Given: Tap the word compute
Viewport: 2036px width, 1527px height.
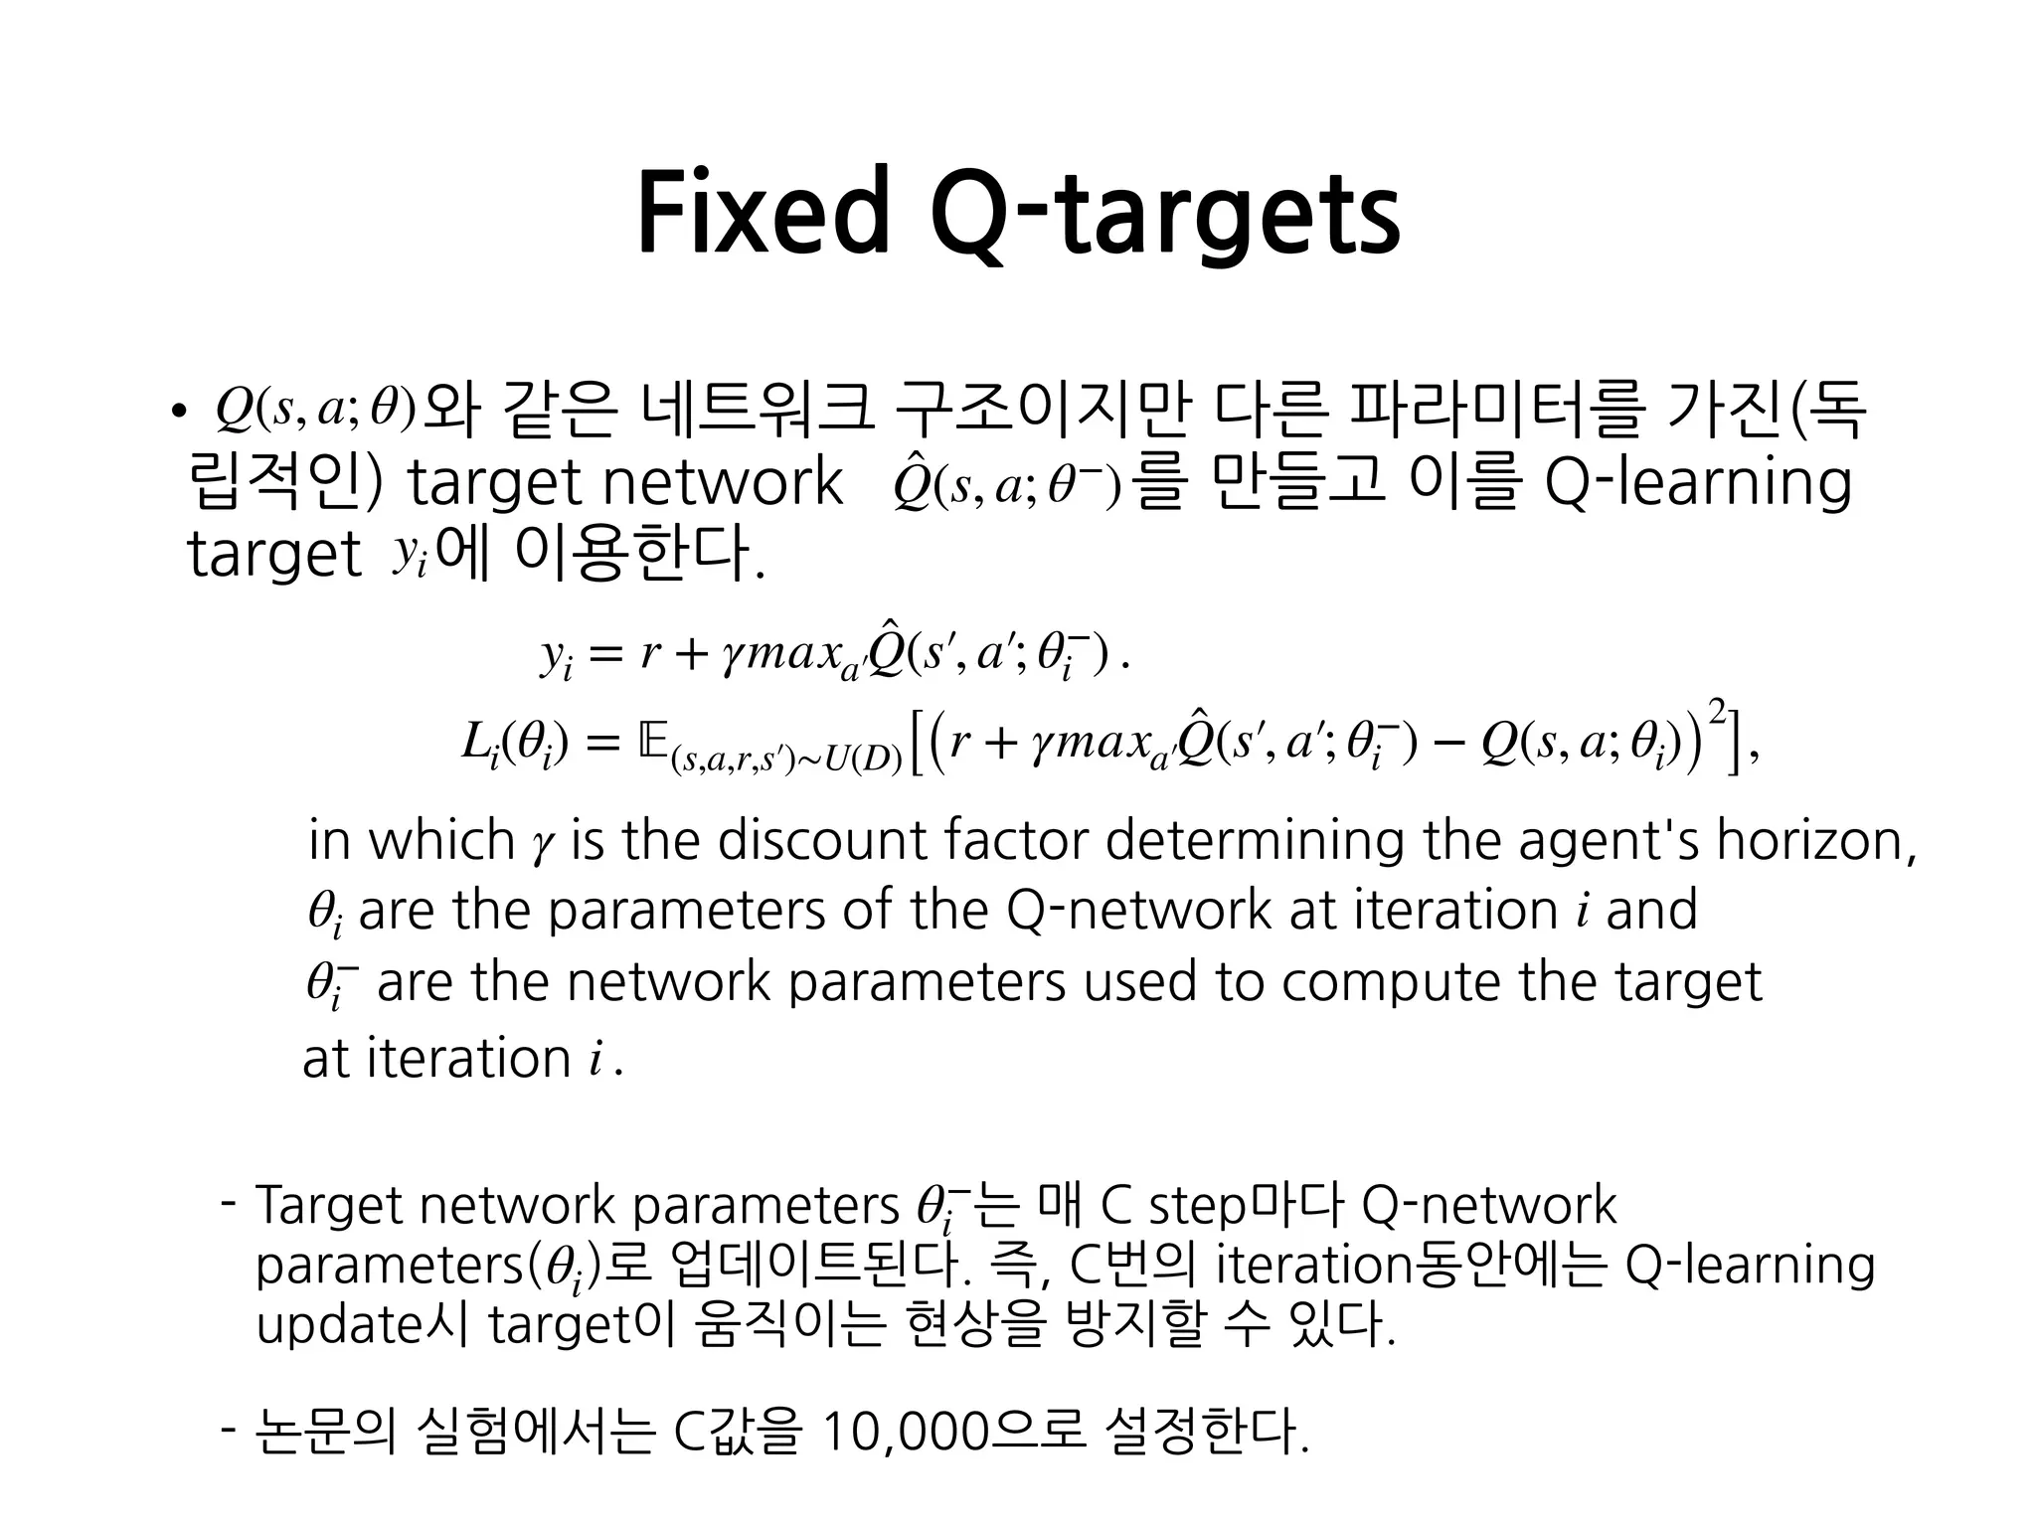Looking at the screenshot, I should [x=1392, y=982].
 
